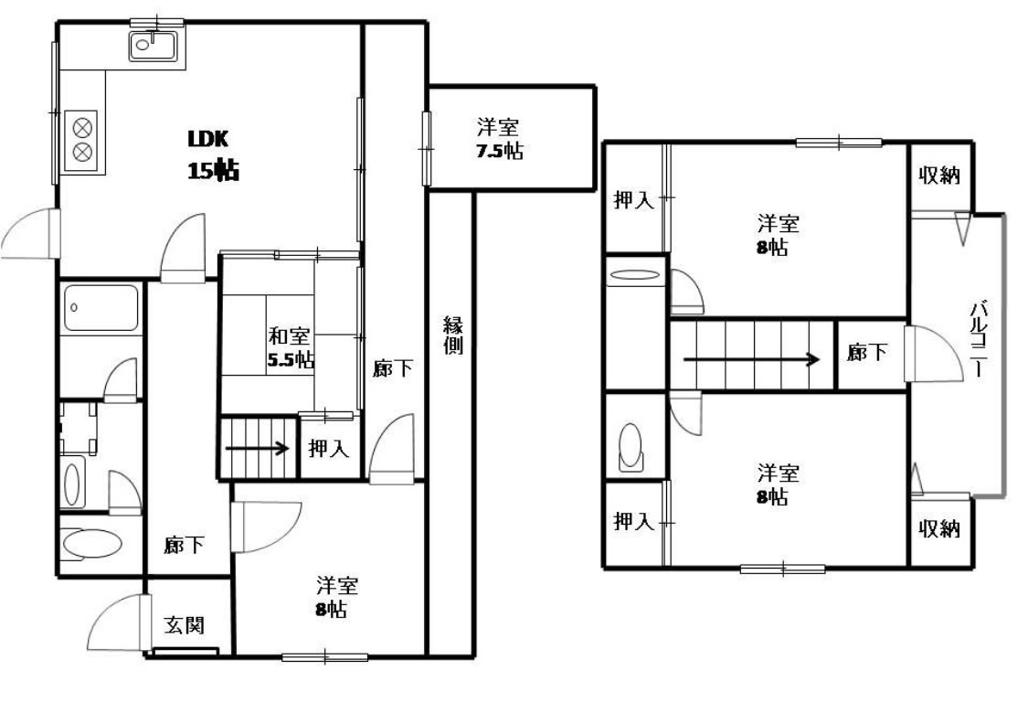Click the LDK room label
pos(207,139)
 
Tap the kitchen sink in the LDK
pos(152,46)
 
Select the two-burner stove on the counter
pos(81,140)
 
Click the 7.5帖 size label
pos(499,151)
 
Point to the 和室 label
pos(289,336)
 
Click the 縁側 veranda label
pos(453,335)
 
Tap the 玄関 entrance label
pos(185,624)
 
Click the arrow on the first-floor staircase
pos(258,450)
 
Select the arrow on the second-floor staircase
pos(752,359)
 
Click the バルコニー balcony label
pos(980,338)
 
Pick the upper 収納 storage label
pos(939,176)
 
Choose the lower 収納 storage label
pos(939,528)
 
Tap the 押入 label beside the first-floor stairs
pos(328,449)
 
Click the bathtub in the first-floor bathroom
pos(101,308)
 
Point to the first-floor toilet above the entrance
pos(91,544)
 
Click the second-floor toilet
pos(631,445)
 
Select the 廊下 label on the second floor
pos(867,353)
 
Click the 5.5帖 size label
pos(290,359)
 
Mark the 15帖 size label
pos(213,171)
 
